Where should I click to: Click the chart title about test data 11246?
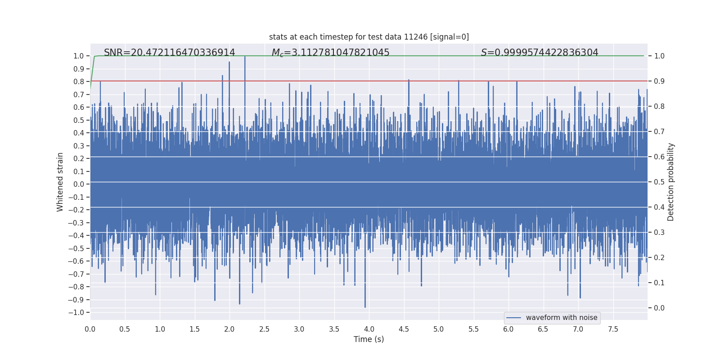369,37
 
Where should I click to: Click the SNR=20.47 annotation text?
170,53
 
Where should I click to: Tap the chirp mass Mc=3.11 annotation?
330,53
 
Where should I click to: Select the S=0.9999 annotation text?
540,53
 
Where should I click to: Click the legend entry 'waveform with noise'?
561,318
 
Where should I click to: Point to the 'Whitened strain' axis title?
60,182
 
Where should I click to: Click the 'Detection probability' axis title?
671,182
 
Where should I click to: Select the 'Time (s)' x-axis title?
369,339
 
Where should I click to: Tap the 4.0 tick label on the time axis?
369,329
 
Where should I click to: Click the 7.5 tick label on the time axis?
613,329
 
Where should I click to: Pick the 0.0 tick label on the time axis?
90,329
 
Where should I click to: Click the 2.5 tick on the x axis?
264,329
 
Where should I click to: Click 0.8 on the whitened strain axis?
79,81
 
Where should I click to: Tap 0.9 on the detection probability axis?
659,81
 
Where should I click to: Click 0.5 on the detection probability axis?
659,182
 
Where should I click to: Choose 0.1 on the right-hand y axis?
659,283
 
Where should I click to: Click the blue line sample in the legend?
513,318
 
